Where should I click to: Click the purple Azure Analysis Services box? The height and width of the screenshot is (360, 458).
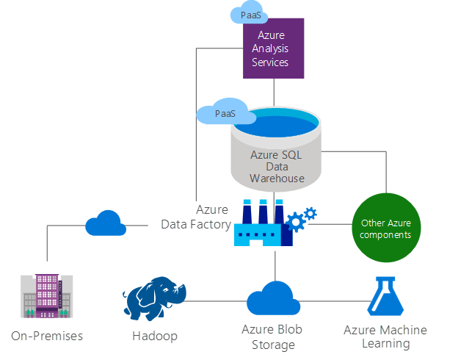(274, 48)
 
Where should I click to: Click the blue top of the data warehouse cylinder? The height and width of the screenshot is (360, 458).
(276, 122)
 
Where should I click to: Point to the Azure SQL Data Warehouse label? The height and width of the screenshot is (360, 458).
(276, 167)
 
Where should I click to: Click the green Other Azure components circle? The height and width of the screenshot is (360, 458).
(385, 228)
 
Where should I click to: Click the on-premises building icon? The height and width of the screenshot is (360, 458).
(47, 296)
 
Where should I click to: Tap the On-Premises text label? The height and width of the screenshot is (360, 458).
(47, 336)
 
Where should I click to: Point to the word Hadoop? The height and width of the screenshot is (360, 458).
(154, 336)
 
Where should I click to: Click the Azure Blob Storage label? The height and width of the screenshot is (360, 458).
(274, 337)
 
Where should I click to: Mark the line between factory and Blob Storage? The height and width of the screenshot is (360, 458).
(274, 264)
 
